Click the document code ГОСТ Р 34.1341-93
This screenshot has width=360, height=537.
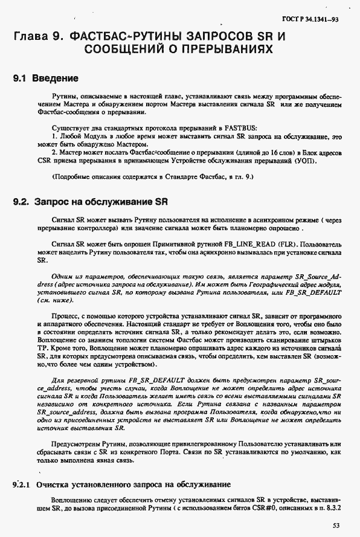pos(318,19)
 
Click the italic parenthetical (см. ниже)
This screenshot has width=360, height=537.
pos(51,299)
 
